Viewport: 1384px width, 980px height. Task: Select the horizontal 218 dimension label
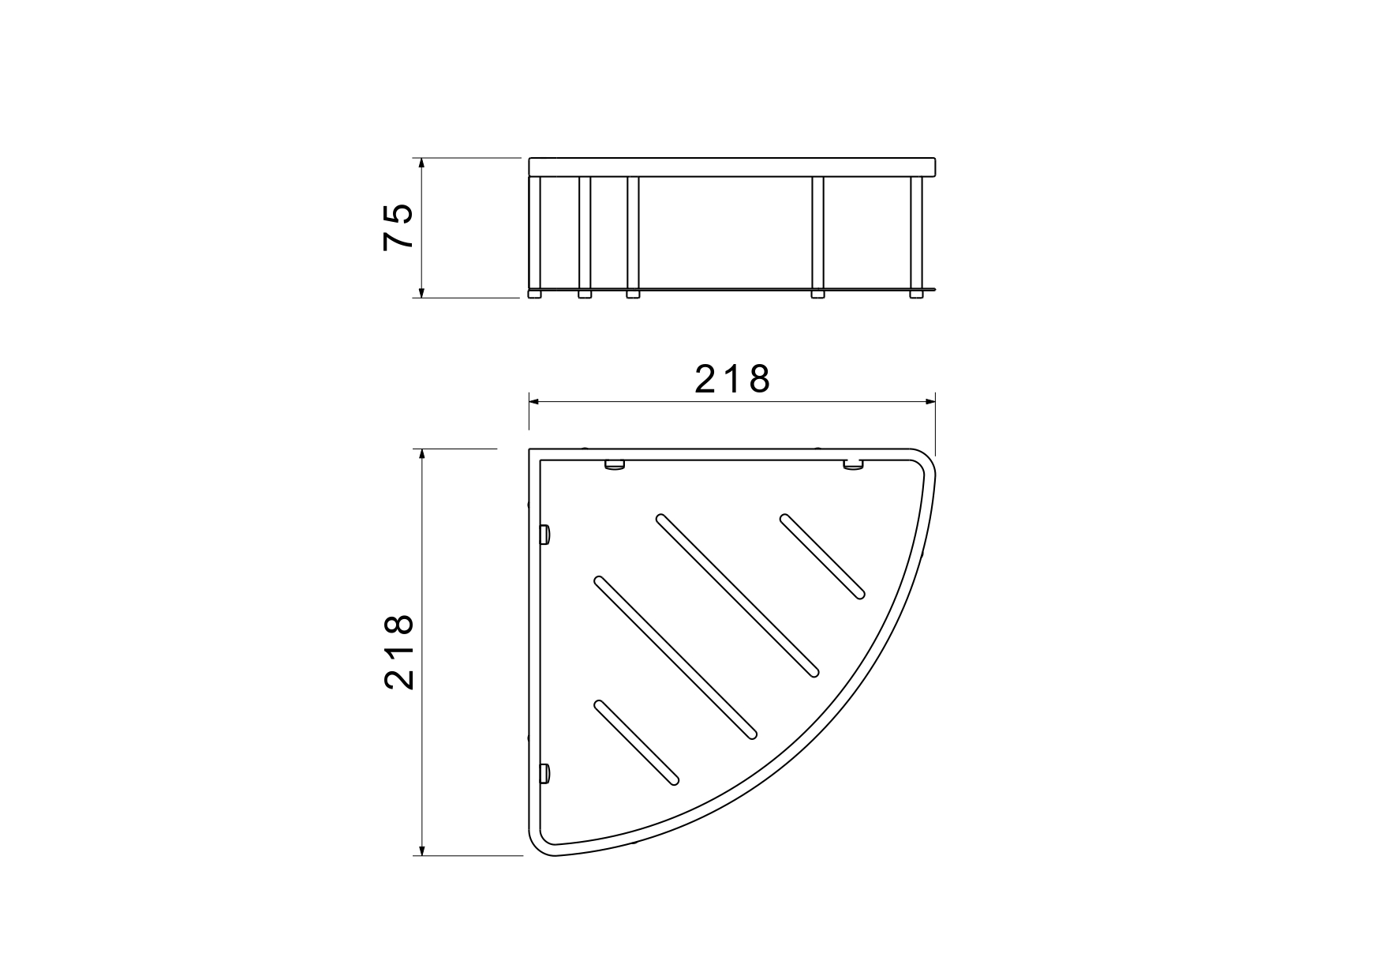coord(732,380)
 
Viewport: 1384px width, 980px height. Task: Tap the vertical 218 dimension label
coord(399,652)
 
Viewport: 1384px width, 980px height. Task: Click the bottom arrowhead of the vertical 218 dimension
coord(422,847)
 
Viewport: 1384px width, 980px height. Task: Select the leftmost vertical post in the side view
coord(535,234)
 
